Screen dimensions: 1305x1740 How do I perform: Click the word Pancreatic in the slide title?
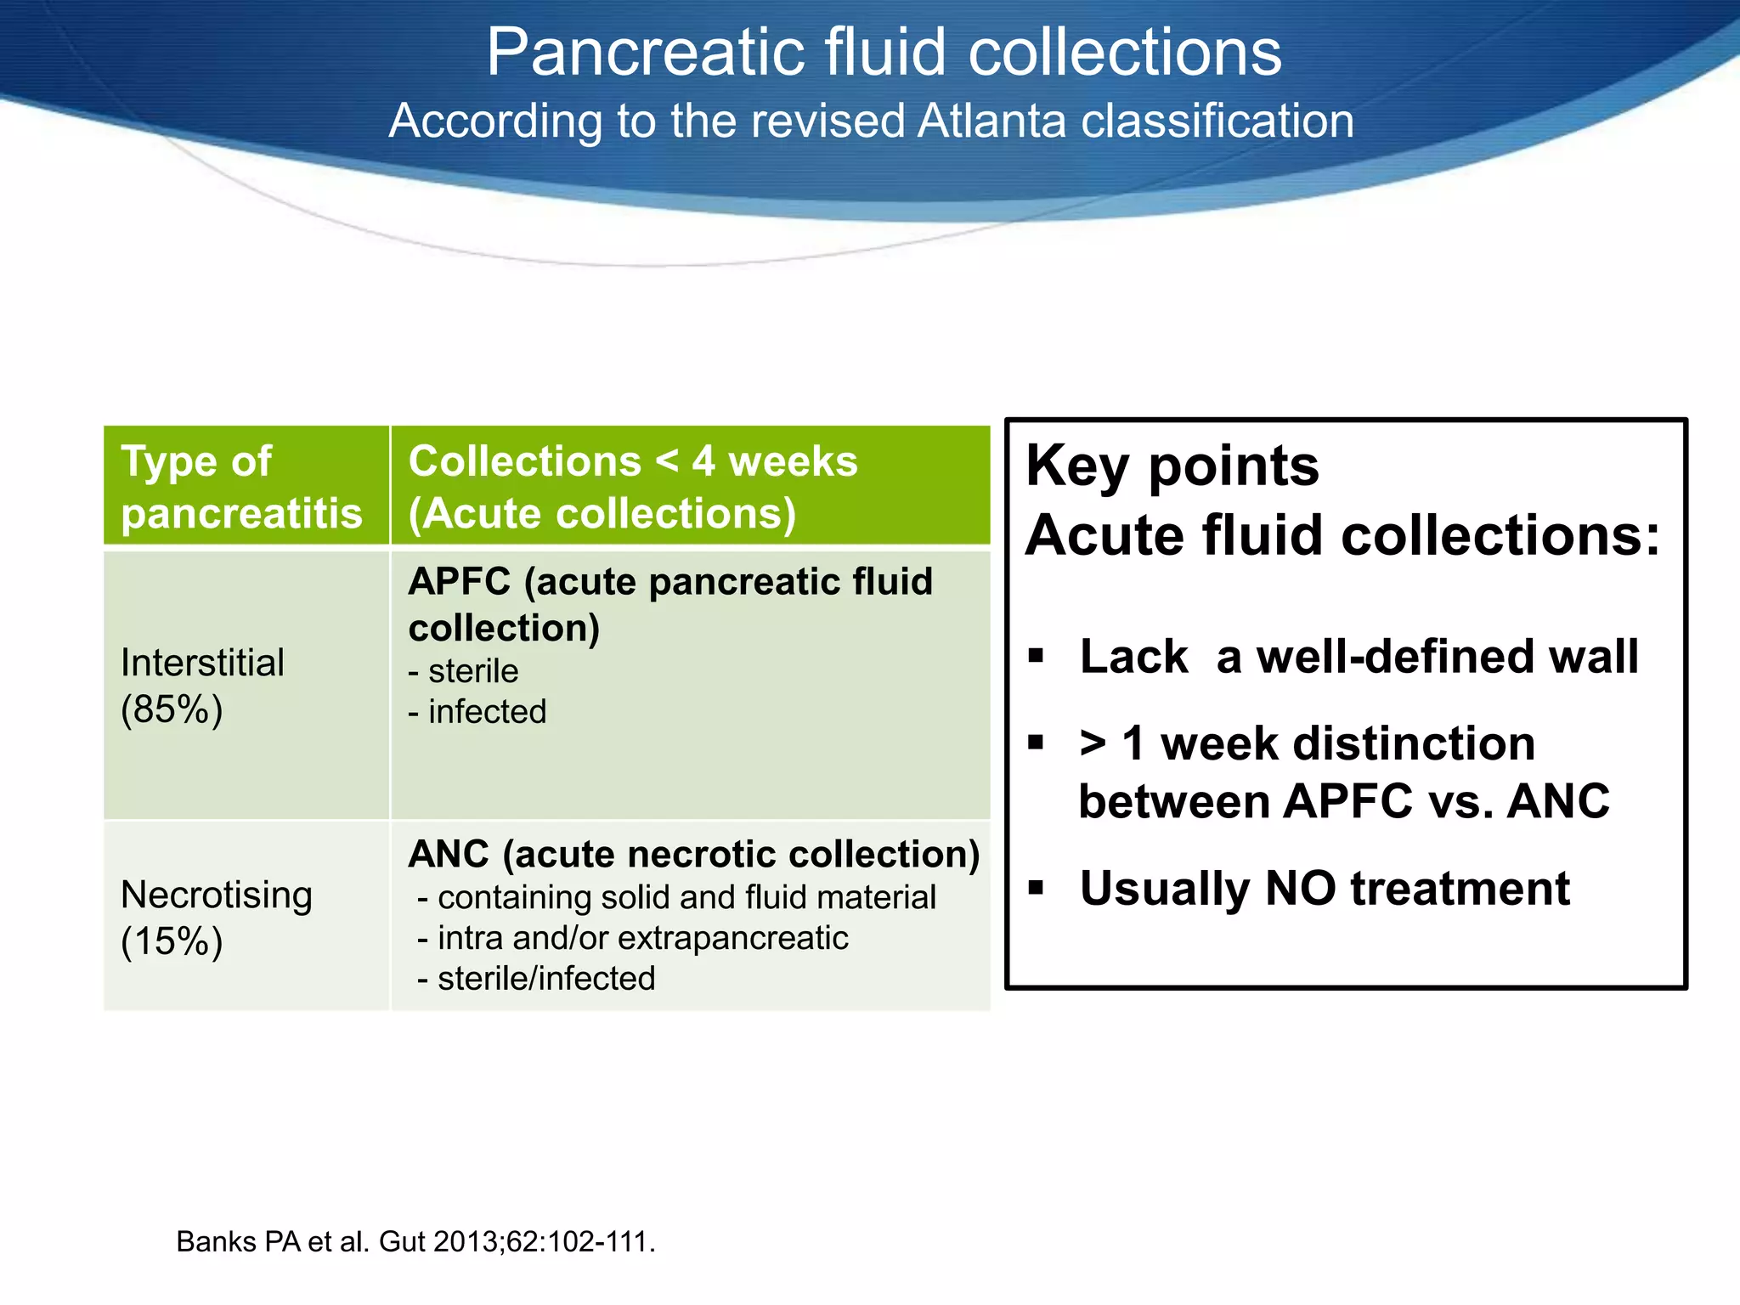pos(643,53)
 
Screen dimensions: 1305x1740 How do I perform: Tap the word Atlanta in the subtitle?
pos(991,121)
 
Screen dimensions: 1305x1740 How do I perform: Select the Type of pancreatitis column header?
pos(241,487)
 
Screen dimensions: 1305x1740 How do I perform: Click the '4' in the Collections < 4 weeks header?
pos(703,461)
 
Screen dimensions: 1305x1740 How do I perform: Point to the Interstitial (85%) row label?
pos(202,686)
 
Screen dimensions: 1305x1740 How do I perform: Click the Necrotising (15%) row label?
pos(216,918)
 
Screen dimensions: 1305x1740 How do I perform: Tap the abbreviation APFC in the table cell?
pos(459,583)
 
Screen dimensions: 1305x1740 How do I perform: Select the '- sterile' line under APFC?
pos(464,671)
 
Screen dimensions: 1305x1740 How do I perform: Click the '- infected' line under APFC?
pos(477,712)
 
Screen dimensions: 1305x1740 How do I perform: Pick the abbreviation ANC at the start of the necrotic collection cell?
pos(449,855)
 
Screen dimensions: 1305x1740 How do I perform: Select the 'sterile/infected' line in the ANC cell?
pos(545,979)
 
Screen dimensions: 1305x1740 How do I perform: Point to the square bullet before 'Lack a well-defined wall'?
pos(1035,655)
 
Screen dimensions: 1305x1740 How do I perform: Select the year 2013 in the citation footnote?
pos(468,1242)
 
